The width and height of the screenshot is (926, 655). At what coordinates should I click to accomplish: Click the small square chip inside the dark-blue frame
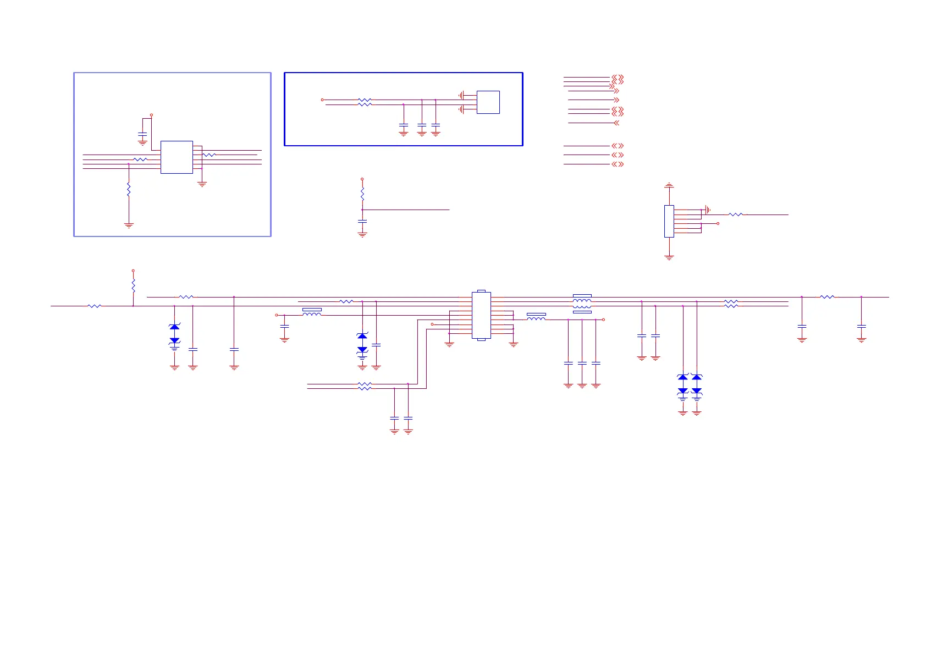click(x=488, y=102)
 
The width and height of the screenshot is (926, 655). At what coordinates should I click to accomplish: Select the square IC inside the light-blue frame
click(x=177, y=157)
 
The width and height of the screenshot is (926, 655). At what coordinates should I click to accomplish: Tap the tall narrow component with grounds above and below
click(x=669, y=221)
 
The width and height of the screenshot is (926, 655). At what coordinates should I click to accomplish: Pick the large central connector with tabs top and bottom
click(x=481, y=316)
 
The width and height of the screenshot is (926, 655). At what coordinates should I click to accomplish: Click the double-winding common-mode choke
click(x=582, y=304)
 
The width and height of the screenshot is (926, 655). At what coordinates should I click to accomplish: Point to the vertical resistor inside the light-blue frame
click(x=129, y=190)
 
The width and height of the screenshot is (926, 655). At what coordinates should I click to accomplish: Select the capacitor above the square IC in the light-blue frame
click(x=142, y=134)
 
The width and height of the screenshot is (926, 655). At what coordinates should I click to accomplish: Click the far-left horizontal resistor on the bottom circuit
click(x=95, y=306)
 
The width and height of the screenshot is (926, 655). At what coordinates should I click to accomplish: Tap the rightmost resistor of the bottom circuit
click(x=827, y=297)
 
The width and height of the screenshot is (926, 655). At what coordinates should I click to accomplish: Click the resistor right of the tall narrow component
click(x=735, y=214)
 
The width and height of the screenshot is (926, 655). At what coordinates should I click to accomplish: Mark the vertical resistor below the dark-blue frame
click(x=362, y=194)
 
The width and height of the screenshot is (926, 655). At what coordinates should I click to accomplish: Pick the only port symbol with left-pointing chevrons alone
click(x=616, y=123)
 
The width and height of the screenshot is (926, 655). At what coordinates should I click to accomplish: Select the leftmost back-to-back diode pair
click(x=174, y=334)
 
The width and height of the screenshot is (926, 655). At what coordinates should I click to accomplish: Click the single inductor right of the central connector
click(x=536, y=318)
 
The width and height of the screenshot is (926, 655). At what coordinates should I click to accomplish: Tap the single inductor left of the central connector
click(x=312, y=313)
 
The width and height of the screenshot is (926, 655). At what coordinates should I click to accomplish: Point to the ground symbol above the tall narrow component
click(x=669, y=186)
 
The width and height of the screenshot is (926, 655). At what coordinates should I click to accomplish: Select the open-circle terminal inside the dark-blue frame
click(x=322, y=100)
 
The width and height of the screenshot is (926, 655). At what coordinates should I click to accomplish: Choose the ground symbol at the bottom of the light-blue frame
click(x=129, y=225)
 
